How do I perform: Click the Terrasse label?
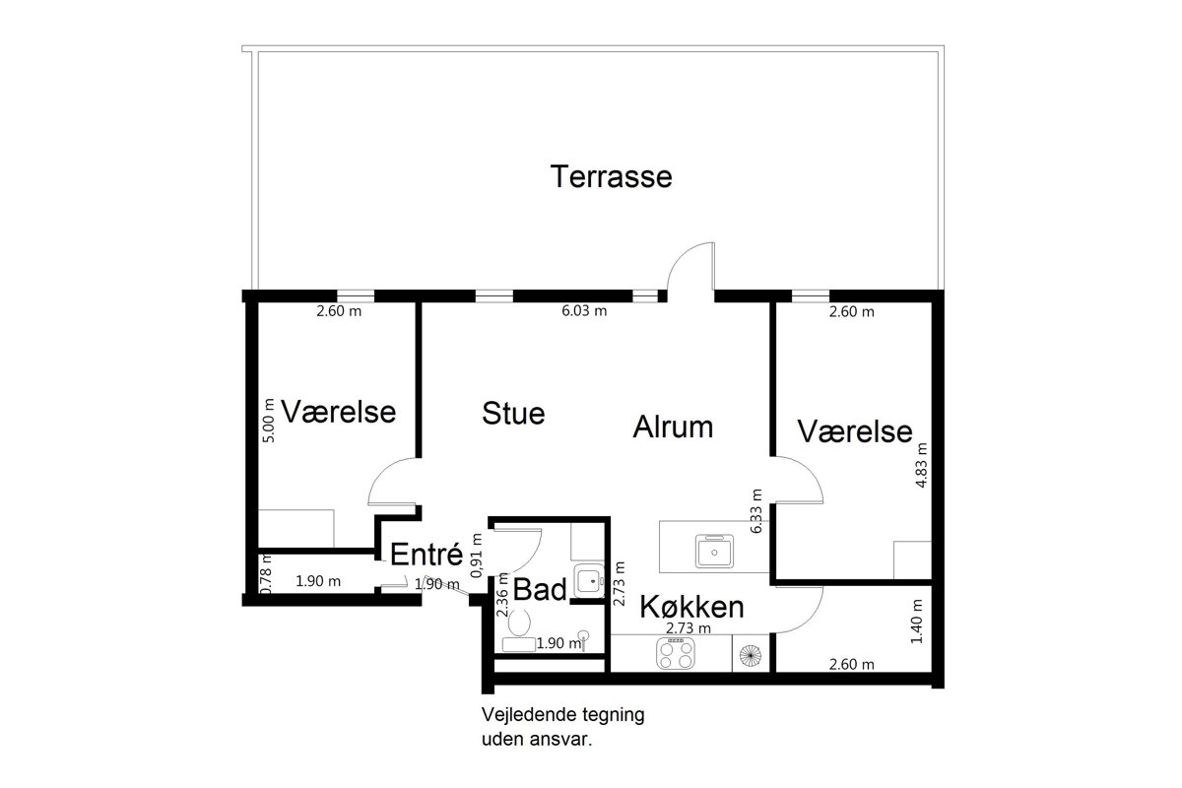click(x=611, y=176)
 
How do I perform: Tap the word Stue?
click(x=513, y=413)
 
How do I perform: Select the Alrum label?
click(x=673, y=427)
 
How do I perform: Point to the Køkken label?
click(x=691, y=607)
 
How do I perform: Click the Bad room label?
click(x=540, y=589)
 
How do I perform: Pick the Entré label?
click(x=427, y=554)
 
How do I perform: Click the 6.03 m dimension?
click(x=584, y=310)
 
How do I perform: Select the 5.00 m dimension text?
click(x=269, y=421)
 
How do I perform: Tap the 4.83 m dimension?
click(x=921, y=465)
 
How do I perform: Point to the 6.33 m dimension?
click(x=756, y=511)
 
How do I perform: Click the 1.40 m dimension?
click(x=917, y=622)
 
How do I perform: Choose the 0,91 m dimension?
click(x=477, y=556)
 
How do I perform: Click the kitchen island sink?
click(x=714, y=551)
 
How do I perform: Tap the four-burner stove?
click(x=676, y=653)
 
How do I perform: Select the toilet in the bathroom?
click(x=519, y=623)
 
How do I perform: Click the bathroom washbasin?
click(x=589, y=580)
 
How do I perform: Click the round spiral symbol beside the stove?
click(x=751, y=655)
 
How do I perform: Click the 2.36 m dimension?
click(x=502, y=595)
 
